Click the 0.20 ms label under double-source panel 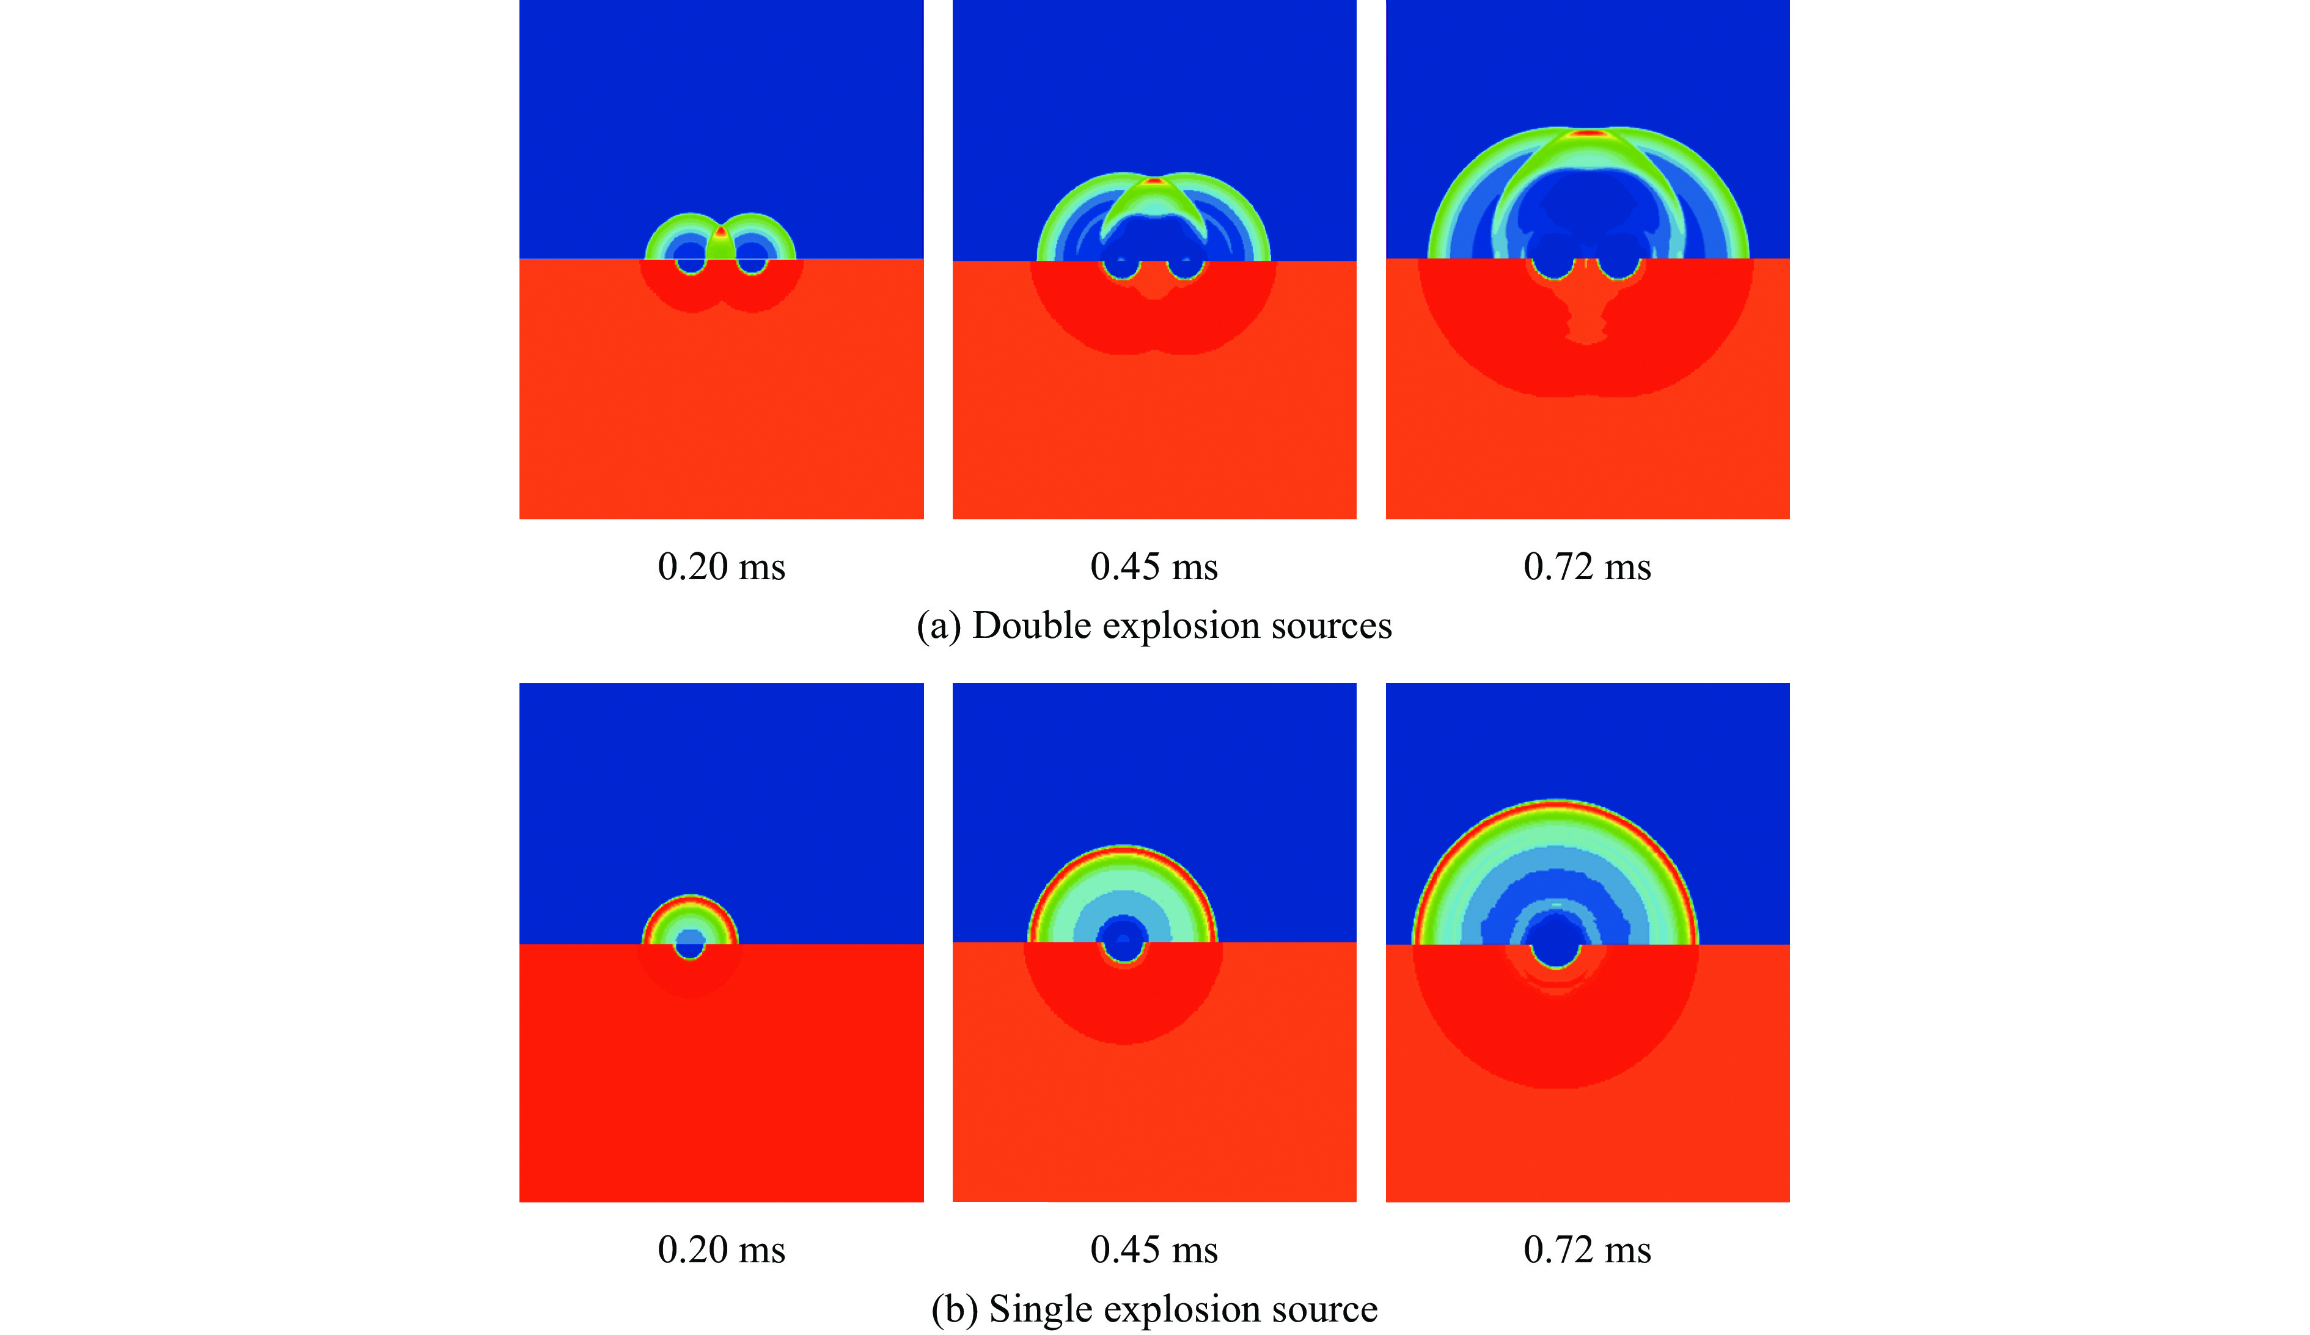tap(721, 567)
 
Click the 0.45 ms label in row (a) tap(1154, 567)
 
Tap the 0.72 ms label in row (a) tap(1586, 567)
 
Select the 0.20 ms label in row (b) tap(721, 1250)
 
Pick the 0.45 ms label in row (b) tap(1154, 1250)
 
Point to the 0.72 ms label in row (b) tap(1586, 1250)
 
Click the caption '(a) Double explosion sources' tap(1154, 626)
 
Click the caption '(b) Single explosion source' tap(1154, 1309)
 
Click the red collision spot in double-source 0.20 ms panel tap(721, 232)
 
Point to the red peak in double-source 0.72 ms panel tap(1589, 134)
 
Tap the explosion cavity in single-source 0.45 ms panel tap(1124, 944)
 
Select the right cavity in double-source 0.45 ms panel tap(1186, 266)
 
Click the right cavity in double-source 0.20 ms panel tap(752, 263)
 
